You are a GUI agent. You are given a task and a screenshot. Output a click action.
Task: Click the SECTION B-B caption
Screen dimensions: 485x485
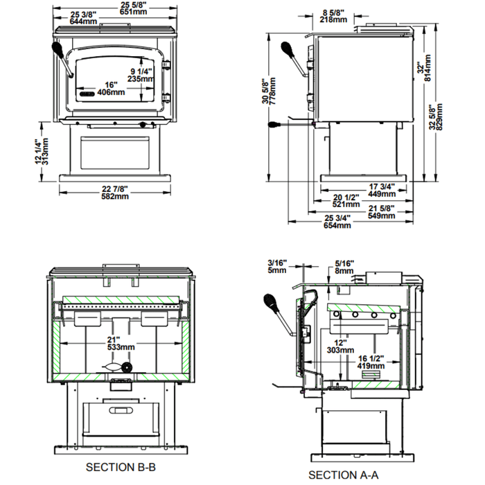click(120, 468)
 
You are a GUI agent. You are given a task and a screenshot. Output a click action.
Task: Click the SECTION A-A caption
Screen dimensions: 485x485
click(343, 475)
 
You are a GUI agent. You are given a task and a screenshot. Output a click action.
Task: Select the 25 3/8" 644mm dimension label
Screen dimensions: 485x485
click(83, 18)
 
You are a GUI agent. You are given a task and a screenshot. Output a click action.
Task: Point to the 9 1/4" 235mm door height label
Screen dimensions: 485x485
click(144, 75)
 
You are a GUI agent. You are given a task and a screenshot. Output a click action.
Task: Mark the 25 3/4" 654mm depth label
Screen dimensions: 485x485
click(337, 222)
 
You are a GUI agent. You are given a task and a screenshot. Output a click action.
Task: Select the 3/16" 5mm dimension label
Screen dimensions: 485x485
click(276, 266)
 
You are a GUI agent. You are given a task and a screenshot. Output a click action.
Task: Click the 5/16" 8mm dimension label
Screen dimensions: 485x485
click(344, 266)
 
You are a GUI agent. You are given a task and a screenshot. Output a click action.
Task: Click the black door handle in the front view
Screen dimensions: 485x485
click(60, 53)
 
